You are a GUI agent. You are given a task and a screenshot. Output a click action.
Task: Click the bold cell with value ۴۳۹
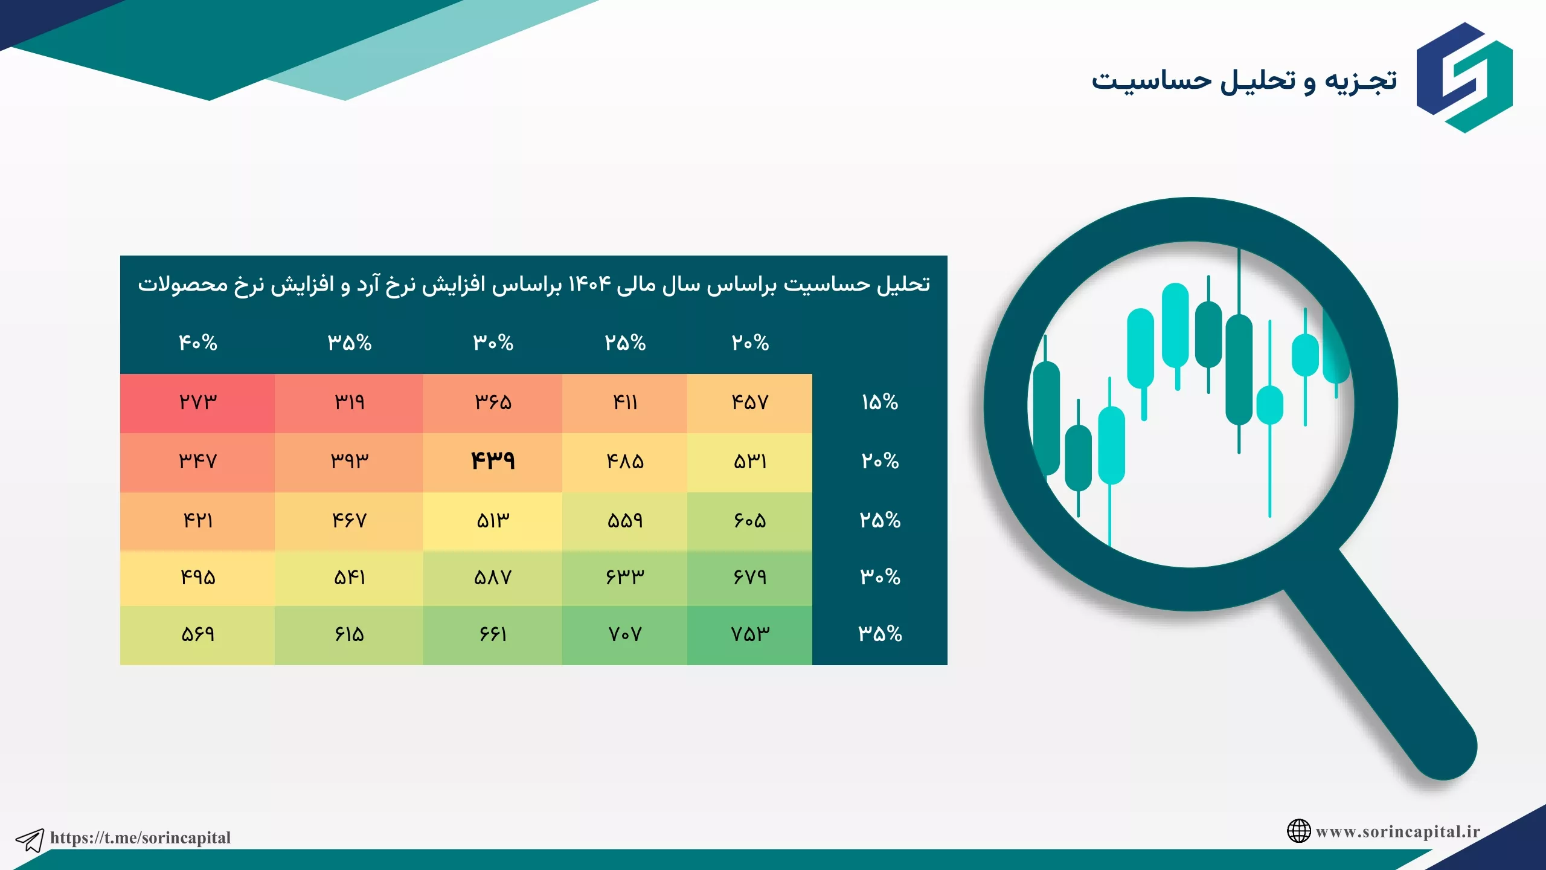(493, 462)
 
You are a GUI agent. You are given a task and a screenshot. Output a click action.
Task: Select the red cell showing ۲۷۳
(197, 403)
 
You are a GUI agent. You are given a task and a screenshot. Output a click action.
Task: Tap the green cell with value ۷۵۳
(749, 635)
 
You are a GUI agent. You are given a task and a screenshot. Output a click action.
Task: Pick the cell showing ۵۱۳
(493, 521)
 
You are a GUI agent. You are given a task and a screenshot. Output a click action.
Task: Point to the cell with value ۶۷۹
(749, 578)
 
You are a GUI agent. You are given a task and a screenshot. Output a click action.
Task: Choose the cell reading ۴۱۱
(624, 403)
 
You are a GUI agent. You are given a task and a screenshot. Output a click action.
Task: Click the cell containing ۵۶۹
(197, 635)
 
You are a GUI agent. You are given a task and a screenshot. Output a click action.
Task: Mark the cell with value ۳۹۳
(349, 462)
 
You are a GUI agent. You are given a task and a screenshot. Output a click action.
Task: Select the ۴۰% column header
(197, 343)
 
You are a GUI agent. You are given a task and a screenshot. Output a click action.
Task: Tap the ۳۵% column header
(349, 343)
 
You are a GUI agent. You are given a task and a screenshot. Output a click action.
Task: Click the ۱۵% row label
(880, 402)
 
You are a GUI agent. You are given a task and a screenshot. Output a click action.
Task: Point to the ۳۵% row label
(880, 634)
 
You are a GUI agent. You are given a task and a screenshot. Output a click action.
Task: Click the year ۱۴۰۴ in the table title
(590, 284)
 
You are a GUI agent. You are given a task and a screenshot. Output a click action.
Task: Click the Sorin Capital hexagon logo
(1464, 77)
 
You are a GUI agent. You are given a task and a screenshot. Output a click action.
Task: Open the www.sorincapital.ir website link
(1398, 831)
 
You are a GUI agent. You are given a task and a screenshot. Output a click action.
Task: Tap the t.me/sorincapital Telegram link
(141, 837)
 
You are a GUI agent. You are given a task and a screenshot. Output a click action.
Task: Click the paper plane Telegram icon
(30, 840)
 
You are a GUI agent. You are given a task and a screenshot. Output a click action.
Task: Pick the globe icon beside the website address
(1298, 831)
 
